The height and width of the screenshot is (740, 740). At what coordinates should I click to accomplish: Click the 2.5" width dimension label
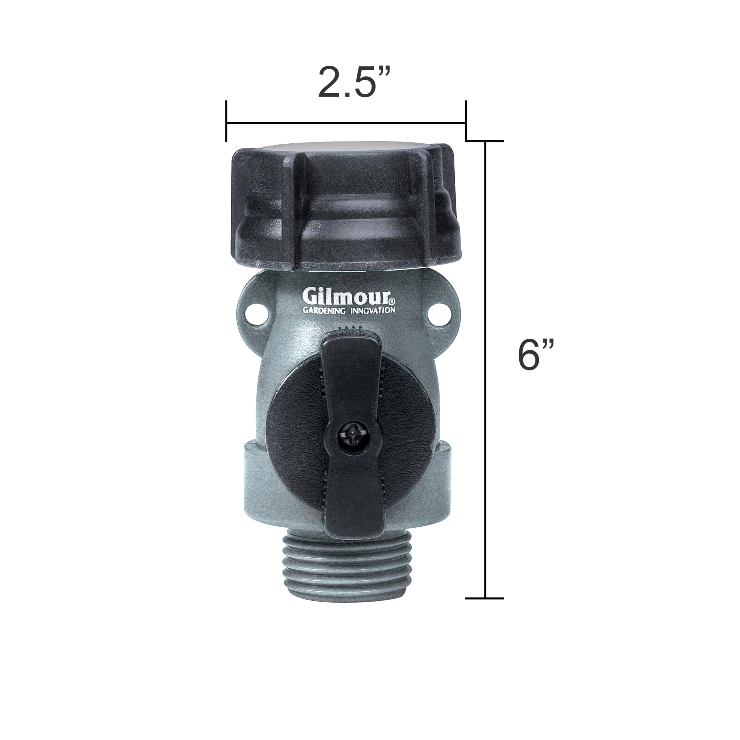pyautogui.click(x=349, y=82)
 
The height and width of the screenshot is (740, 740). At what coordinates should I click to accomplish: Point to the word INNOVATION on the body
pyautogui.click(x=373, y=310)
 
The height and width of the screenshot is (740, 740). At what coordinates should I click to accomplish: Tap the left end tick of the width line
pyautogui.click(x=226, y=121)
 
